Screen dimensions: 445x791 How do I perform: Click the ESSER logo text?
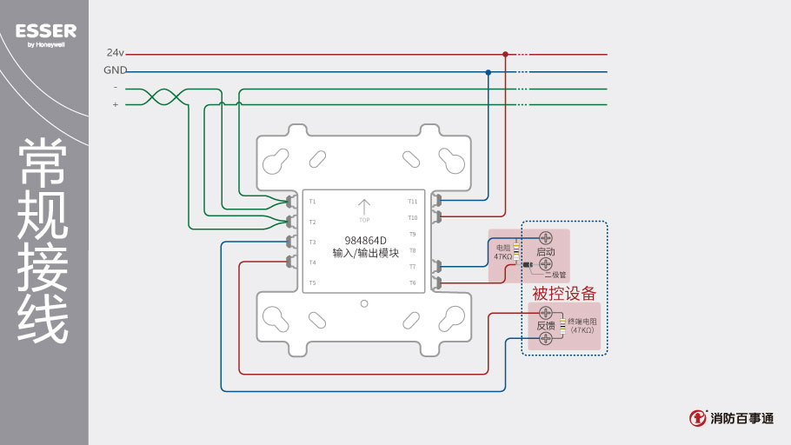(x=45, y=31)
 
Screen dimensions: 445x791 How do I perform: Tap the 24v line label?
(x=116, y=53)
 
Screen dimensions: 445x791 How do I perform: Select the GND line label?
(x=115, y=70)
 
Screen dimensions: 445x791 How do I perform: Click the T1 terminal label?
(x=312, y=202)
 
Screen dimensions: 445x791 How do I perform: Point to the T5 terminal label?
(x=312, y=282)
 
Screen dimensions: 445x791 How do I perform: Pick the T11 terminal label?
(x=412, y=202)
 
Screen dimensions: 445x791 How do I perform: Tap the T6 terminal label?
(x=412, y=282)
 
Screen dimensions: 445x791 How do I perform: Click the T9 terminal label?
(x=412, y=234)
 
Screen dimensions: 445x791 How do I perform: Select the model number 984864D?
(x=365, y=241)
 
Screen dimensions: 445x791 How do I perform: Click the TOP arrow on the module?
(x=364, y=207)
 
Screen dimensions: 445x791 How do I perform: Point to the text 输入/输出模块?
(x=365, y=254)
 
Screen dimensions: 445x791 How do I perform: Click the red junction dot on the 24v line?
(x=505, y=54)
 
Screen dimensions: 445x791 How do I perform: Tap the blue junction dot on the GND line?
(x=489, y=71)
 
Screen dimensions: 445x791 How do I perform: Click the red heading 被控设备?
(x=564, y=294)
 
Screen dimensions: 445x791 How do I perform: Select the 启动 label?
(x=546, y=252)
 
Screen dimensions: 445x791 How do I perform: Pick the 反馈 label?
(x=546, y=325)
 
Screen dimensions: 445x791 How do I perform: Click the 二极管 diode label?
(x=555, y=275)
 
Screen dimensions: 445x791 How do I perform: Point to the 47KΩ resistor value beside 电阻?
(x=503, y=257)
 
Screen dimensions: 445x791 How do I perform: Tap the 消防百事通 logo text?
(x=741, y=418)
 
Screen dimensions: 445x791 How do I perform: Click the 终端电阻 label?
(x=582, y=321)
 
